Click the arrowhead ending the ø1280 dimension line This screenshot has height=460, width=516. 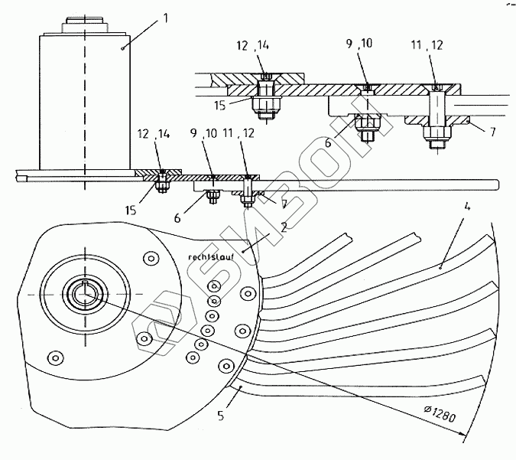pyautogui.click(x=463, y=434)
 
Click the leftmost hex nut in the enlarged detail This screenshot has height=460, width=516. pyautogui.click(x=266, y=107)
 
